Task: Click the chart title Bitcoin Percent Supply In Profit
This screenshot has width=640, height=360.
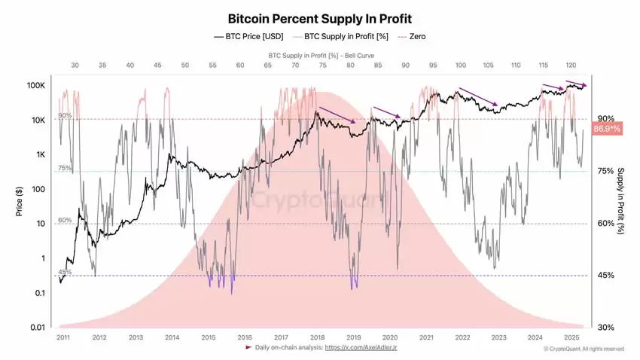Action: tap(320, 18)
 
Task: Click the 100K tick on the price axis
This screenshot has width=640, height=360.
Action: tap(37, 86)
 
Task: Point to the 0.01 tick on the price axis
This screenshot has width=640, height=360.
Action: tap(37, 327)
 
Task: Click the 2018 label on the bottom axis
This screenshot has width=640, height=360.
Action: tap(317, 338)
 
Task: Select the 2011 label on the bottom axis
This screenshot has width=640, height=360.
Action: tap(64, 338)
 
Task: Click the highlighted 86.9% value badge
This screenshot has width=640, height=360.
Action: tap(607, 130)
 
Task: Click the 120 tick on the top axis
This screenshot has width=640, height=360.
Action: tap(571, 66)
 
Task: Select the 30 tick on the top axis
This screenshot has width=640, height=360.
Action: tap(75, 66)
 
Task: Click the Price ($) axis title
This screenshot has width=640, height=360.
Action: tap(19, 202)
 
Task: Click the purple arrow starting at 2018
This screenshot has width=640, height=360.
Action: tap(338, 116)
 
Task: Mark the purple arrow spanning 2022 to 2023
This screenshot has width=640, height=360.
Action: tap(478, 96)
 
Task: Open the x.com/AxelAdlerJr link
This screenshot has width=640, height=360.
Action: tap(359, 348)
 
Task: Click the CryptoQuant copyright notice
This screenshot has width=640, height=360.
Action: tap(584, 349)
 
